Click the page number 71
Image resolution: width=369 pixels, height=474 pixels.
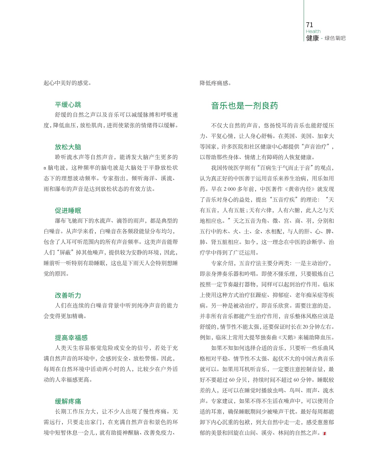click(x=309, y=25)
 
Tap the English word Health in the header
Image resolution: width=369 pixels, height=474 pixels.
click(x=313, y=31)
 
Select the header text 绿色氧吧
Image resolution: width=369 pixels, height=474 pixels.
click(x=335, y=38)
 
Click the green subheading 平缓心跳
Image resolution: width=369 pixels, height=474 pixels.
click(x=68, y=105)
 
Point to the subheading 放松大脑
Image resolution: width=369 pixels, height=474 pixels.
click(x=68, y=147)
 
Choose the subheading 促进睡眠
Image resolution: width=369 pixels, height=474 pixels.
click(x=68, y=211)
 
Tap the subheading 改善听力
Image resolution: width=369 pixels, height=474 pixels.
click(x=68, y=295)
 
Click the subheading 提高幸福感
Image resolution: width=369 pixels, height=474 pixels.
click(x=71, y=338)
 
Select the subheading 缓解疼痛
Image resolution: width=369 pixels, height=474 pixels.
click(x=68, y=401)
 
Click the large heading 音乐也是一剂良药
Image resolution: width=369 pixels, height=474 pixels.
click(x=245, y=106)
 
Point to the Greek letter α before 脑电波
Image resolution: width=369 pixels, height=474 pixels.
click(x=45, y=168)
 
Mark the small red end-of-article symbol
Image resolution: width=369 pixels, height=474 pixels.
click(x=324, y=433)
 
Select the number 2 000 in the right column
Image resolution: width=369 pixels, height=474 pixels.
click(x=229, y=189)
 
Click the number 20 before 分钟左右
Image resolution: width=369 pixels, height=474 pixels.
click(x=305, y=327)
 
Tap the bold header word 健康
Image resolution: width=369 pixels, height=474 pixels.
click(x=312, y=38)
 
